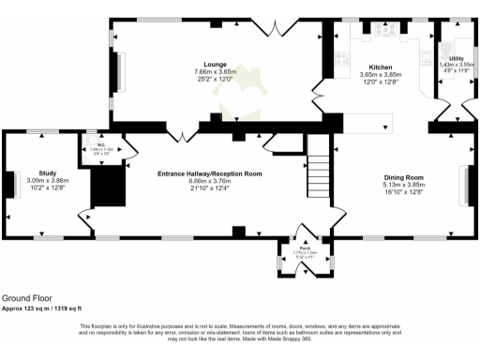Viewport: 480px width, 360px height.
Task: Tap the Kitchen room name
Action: (x=380, y=67)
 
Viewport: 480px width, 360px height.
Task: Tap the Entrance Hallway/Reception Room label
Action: (x=210, y=174)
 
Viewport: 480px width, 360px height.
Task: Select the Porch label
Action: (x=306, y=247)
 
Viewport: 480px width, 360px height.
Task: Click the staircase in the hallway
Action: (x=319, y=165)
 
